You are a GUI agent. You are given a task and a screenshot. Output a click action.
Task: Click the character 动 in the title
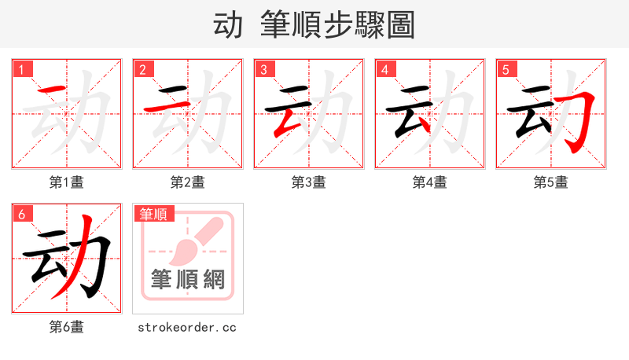pos(228,25)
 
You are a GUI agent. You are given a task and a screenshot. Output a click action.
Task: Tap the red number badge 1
pos(22,70)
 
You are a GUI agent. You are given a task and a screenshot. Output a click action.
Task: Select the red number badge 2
pos(142,70)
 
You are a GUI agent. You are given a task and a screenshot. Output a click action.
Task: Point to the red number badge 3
pos(263,70)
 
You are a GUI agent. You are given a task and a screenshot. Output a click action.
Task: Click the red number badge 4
pos(384,70)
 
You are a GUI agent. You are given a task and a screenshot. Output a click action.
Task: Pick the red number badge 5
pos(506,70)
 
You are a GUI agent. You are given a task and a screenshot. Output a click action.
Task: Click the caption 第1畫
pos(67,182)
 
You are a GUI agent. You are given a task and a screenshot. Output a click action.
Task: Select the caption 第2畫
pos(188,182)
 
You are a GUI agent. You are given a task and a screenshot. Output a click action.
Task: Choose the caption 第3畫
pos(309,182)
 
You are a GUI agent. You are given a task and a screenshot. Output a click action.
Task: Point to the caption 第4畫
pos(430,182)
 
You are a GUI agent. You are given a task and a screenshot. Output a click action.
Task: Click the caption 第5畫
pos(551,182)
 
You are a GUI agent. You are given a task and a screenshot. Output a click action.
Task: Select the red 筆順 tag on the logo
pos(154,214)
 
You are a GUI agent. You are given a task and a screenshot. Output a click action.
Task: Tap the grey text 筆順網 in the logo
pos(188,280)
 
